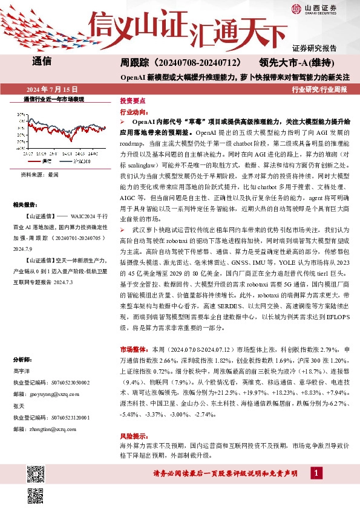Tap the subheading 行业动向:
click(x=133, y=112)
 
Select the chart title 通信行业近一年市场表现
click(x=53, y=99)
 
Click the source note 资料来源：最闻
click(x=40, y=175)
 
